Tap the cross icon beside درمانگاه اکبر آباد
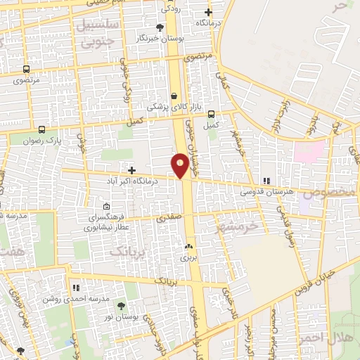tap(131, 169)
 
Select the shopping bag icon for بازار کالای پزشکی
tap(174, 96)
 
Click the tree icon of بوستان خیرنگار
tap(160, 27)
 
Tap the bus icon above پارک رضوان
tap(41, 130)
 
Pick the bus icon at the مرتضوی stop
tap(27, 70)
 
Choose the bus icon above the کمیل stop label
tap(210, 115)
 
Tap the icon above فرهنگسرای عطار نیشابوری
tap(106, 207)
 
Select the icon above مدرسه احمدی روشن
tap(75, 288)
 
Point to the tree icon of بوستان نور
tap(121, 306)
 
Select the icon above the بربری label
tap(188, 247)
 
